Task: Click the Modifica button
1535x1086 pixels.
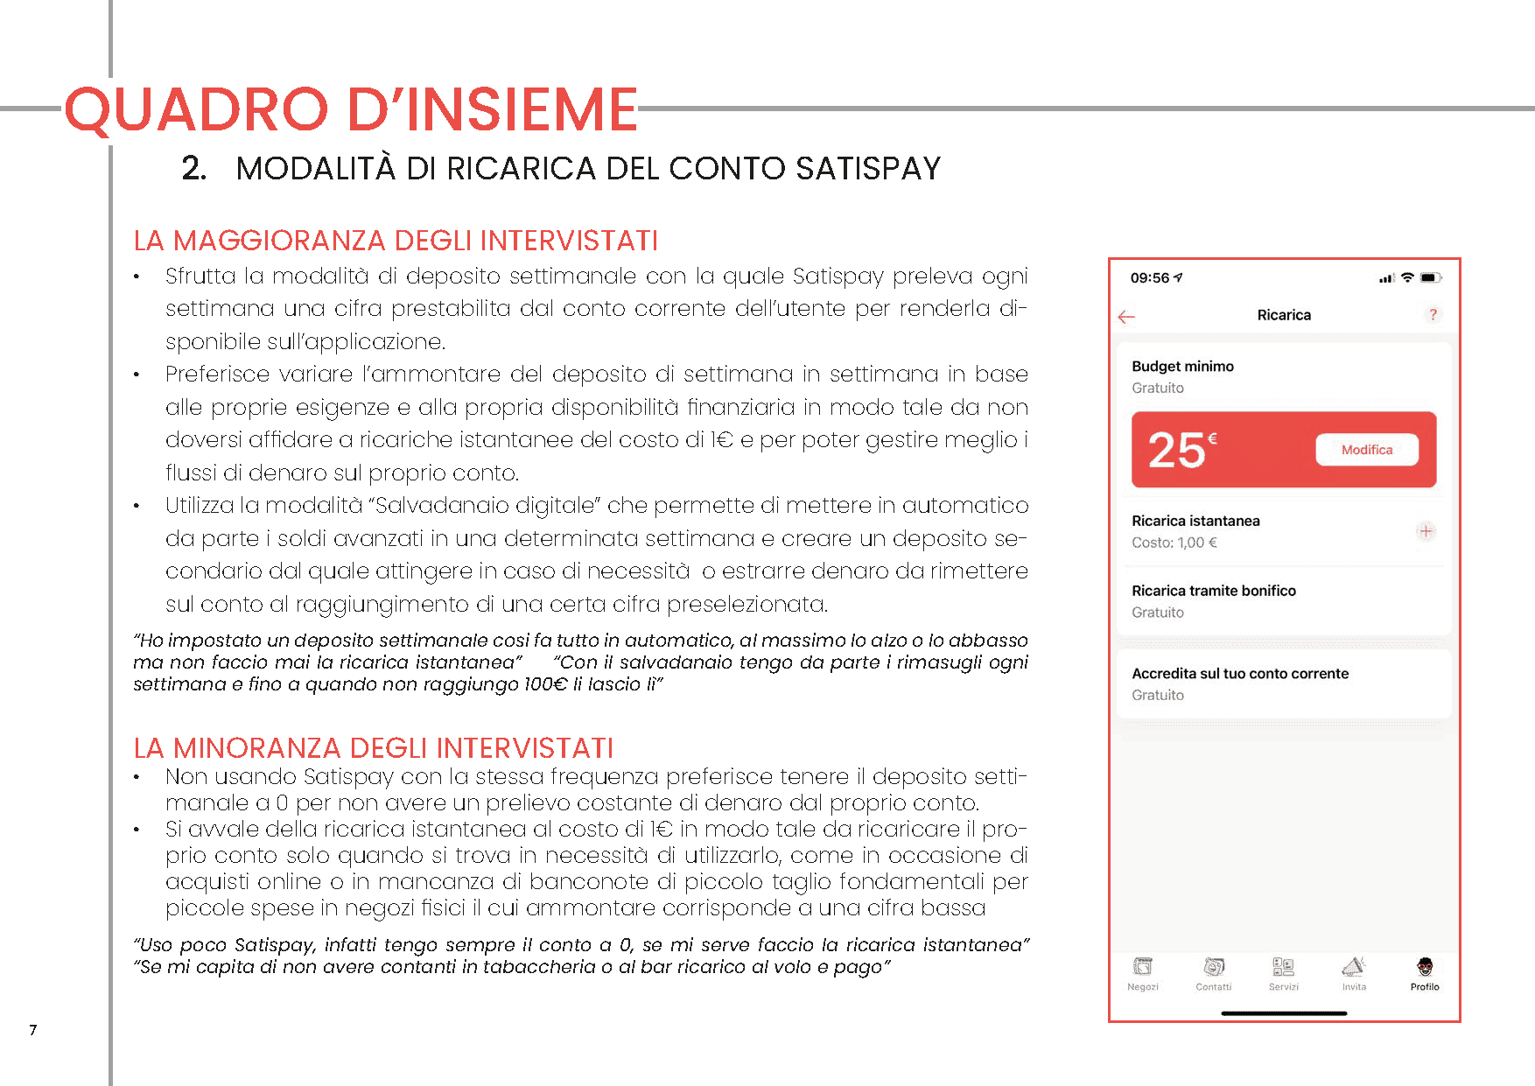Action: pyautogui.click(x=1366, y=450)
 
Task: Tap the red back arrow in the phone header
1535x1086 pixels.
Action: pyautogui.click(x=1126, y=317)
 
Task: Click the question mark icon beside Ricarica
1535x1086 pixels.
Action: pyautogui.click(x=1433, y=314)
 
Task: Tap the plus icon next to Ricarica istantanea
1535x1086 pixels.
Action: pyautogui.click(x=1426, y=531)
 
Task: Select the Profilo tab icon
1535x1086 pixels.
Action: pyautogui.click(x=1425, y=967)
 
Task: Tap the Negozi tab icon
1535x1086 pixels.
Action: pyautogui.click(x=1142, y=967)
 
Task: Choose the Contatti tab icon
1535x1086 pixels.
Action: pyautogui.click(x=1213, y=967)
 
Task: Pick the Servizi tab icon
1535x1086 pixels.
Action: pyautogui.click(x=1283, y=967)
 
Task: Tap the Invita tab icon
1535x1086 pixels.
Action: pyautogui.click(x=1353, y=967)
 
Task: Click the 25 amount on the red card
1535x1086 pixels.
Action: pyautogui.click(x=1177, y=451)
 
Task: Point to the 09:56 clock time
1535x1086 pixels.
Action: pyautogui.click(x=1149, y=278)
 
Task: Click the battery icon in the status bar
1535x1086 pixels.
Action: pyautogui.click(x=1430, y=278)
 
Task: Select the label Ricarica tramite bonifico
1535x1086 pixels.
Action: pyautogui.click(x=1213, y=591)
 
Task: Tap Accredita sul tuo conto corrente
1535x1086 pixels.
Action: pyautogui.click(x=1239, y=674)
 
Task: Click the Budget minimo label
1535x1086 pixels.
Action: pyautogui.click(x=1182, y=367)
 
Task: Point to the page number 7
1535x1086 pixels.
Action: pyautogui.click(x=33, y=1030)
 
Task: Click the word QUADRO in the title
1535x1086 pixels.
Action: pyautogui.click(x=196, y=110)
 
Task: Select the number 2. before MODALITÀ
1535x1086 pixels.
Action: pyautogui.click(x=193, y=168)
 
